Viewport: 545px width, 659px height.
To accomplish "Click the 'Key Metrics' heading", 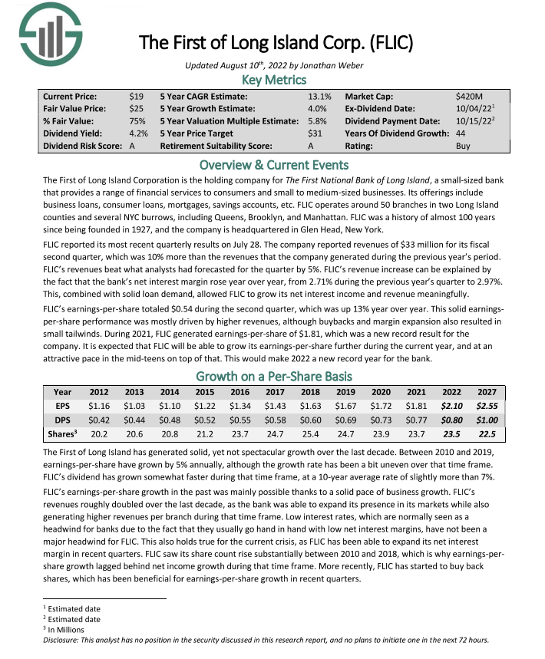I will click(274, 80).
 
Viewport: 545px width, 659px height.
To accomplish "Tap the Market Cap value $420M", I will click(469, 97).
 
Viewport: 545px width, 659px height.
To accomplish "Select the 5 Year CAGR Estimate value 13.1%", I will click(319, 97).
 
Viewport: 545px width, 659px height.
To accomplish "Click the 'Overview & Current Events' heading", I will click(274, 165).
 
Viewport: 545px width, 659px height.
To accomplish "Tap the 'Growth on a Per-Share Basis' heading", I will click(274, 376).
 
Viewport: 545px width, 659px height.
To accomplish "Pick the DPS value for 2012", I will click(99, 420).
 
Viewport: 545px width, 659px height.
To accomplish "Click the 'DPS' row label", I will click(63, 420).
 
